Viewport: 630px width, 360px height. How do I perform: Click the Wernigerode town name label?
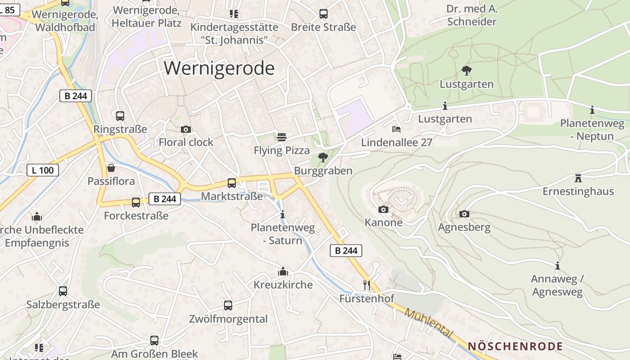coord(219,68)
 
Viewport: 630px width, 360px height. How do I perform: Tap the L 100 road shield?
coord(43,170)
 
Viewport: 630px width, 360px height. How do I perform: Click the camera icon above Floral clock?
coord(185,130)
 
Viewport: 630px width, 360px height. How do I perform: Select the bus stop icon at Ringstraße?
coord(120,116)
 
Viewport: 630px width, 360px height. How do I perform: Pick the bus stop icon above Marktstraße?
coord(232,183)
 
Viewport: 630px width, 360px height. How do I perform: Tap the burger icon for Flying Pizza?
coord(282,137)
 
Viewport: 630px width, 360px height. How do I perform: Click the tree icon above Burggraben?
coord(323,157)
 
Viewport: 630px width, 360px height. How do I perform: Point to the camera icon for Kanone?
coord(383,209)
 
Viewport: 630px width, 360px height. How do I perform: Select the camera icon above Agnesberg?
coord(464,214)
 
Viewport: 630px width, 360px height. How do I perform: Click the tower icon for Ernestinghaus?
coord(578,178)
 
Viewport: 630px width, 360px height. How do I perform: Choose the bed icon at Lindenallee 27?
coord(396,129)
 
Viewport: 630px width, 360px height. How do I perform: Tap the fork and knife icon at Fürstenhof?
coord(367,285)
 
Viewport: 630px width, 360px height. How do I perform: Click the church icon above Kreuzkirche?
coord(283,271)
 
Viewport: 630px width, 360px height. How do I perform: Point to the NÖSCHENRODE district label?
coord(515,346)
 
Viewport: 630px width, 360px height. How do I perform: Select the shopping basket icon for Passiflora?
coord(111,168)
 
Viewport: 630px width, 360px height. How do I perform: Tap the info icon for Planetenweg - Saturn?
coord(283,214)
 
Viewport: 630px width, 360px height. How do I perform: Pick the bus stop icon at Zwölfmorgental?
coord(228,306)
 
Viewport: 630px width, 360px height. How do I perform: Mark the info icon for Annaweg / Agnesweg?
coord(558,265)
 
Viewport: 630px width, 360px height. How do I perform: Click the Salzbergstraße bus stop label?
coord(63,305)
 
